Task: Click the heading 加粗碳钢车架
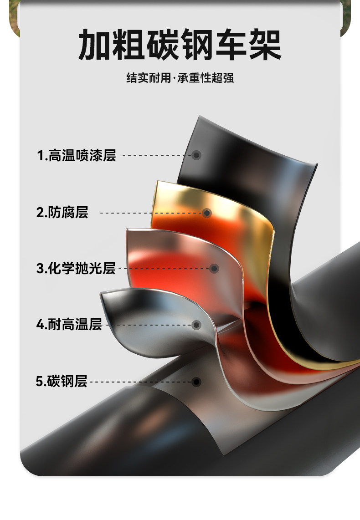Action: [x=180, y=44]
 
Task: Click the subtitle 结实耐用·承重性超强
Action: [x=180, y=78]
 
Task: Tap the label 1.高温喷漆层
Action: [x=76, y=155]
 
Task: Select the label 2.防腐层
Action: [x=62, y=212]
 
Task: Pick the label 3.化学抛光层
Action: [x=76, y=268]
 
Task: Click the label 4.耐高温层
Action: [x=69, y=325]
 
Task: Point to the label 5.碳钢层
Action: [x=62, y=381]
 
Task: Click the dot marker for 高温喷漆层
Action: [x=196, y=155]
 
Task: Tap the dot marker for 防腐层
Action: [x=207, y=213]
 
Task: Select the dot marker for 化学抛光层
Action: [x=214, y=269]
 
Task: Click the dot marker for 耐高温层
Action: [x=196, y=325]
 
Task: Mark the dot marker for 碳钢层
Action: [x=196, y=381]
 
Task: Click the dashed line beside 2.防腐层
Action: [x=150, y=213]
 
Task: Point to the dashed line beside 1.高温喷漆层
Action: [x=157, y=155]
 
